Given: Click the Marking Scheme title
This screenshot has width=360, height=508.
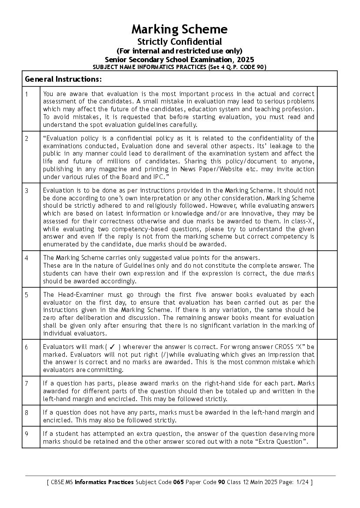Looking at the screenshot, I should [x=180, y=30].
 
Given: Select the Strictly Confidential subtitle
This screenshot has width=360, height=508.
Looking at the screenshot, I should [x=180, y=42].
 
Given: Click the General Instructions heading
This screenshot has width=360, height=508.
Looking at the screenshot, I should [x=63, y=79].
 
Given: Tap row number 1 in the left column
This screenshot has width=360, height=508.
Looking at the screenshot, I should [x=27, y=94].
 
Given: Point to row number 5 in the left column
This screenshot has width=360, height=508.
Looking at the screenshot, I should [x=27, y=295].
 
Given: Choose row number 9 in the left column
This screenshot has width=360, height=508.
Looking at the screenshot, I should [x=27, y=434].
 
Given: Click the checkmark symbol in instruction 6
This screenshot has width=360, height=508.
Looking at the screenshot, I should [x=112, y=347].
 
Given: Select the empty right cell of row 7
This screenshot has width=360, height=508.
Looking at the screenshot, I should [x=327, y=391].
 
